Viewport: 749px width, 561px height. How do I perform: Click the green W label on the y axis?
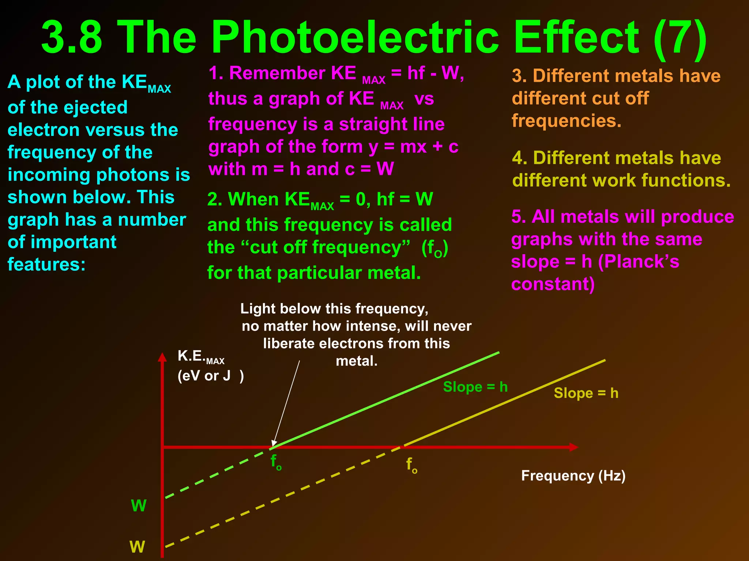pyautogui.click(x=139, y=506)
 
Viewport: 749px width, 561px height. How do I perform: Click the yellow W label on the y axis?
pyautogui.click(x=137, y=547)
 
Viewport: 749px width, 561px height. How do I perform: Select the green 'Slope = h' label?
pyautogui.click(x=475, y=387)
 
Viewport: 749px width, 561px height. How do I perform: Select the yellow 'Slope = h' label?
pyautogui.click(x=586, y=393)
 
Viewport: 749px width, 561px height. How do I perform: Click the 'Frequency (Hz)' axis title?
pyautogui.click(x=573, y=476)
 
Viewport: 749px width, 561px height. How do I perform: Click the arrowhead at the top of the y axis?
pyautogui.click(x=162, y=357)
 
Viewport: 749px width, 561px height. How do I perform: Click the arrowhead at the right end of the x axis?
pyautogui.click(x=573, y=447)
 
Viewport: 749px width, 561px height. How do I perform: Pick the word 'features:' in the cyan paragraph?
pyautogui.click(x=46, y=264)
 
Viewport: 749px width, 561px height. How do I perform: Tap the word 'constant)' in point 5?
pyautogui.click(x=553, y=284)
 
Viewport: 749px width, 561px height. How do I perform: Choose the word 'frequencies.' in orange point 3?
pyautogui.click(x=567, y=121)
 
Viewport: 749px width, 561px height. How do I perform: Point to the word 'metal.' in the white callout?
pyautogui.click(x=357, y=361)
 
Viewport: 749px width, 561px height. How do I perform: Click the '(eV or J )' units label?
pyautogui.click(x=211, y=375)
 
